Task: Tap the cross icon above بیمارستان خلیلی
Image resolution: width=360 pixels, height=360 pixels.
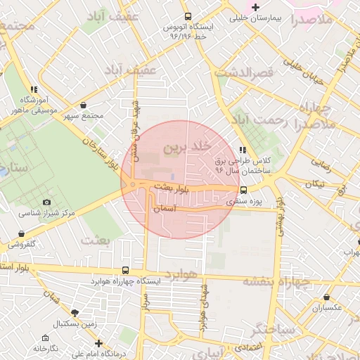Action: (x=256, y=7)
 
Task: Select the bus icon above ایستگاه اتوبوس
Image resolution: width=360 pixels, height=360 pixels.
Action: (x=187, y=16)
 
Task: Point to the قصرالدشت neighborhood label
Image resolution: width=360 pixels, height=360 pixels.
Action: (x=244, y=72)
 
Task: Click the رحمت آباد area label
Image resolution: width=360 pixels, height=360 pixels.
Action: (x=261, y=120)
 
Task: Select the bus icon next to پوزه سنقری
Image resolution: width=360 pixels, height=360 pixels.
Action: (x=244, y=189)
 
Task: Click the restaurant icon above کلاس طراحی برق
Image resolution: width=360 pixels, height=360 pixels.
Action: (x=243, y=150)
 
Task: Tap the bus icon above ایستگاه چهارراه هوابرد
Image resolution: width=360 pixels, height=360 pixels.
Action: (x=126, y=270)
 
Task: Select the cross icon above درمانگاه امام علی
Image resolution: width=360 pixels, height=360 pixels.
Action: (x=98, y=344)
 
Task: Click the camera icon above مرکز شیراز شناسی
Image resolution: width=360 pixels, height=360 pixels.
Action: (x=46, y=202)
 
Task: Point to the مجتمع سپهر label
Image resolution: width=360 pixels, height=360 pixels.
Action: (x=83, y=115)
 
